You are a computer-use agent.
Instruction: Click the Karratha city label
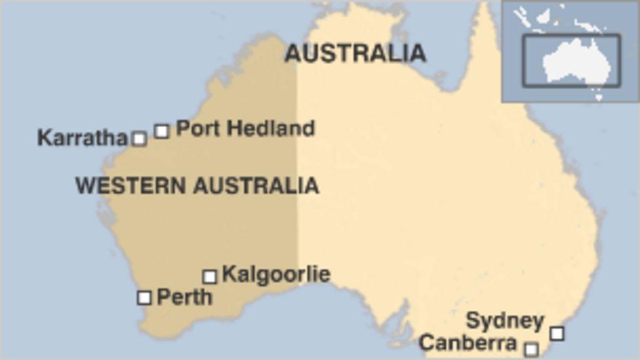click(82, 138)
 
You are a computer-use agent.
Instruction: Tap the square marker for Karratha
click(139, 138)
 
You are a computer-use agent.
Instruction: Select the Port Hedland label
click(245, 128)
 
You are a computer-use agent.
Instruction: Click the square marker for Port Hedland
click(161, 130)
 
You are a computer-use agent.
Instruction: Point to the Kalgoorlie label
click(276, 273)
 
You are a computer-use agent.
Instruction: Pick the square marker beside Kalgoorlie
click(209, 276)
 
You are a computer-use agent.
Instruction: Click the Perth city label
click(184, 297)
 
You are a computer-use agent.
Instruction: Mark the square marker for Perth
click(144, 298)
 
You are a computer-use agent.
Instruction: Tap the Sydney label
click(505, 321)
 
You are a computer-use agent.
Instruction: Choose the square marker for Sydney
click(557, 333)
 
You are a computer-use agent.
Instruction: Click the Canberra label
click(468, 342)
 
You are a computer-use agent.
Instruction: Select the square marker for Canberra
click(532, 349)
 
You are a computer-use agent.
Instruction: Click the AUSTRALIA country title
click(355, 53)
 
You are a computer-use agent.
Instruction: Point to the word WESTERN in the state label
click(130, 186)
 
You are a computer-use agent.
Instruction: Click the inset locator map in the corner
click(570, 51)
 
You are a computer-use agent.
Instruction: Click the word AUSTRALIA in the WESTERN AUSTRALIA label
click(256, 186)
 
